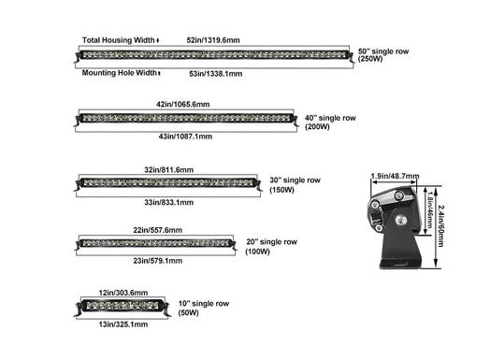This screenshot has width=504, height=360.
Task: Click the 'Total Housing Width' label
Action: [x=120, y=41]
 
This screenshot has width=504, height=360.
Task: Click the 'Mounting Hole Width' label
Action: [x=119, y=72]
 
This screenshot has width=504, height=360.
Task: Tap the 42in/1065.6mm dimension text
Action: [x=183, y=105]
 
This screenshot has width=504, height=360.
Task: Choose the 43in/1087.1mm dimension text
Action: [x=184, y=137]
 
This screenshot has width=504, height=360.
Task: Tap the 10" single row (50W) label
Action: [x=223, y=309]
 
